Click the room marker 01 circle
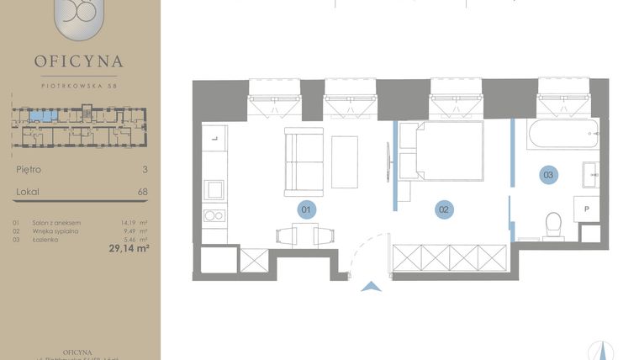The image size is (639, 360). [307, 209]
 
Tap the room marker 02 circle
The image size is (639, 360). [444, 209]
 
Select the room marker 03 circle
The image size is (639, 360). [548, 175]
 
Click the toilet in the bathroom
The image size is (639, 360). [553, 225]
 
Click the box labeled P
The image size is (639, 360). [586, 209]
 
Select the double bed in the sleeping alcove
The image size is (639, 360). [441, 151]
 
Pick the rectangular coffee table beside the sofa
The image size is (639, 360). [345, 161]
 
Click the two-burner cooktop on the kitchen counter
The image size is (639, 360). [214, 216]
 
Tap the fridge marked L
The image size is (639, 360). [214, 136]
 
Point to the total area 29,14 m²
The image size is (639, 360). [128, 248]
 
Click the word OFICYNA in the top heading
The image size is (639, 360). [79, 61]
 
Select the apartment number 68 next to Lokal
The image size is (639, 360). [142, 192]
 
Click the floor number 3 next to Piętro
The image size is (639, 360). [145, 169]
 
